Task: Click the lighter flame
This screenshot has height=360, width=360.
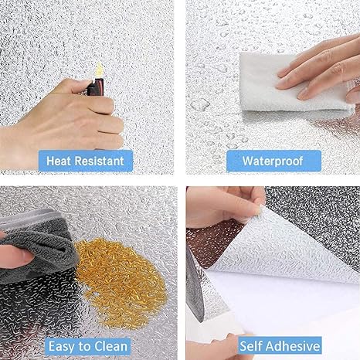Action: tap(99, 70)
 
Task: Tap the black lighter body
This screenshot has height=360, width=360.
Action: tap(96, 87)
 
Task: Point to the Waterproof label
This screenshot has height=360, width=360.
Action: tap(273, 161)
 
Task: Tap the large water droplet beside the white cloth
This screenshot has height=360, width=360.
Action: tap(200, 105)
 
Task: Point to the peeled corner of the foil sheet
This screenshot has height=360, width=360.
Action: tap(260, 209)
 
